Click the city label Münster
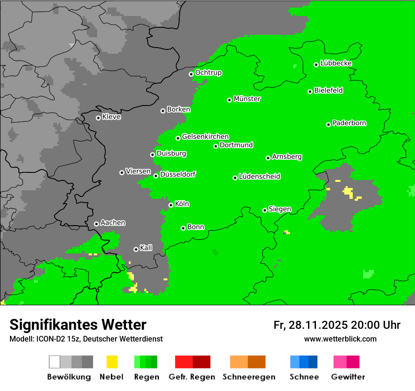[247, 99]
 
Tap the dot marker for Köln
[171, 205]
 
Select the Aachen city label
[113, 223]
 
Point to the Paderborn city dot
[328, 124]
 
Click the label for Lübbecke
[336, 63]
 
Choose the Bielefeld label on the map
[329, 90]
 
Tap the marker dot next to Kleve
[98, 118]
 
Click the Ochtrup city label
[208, 73]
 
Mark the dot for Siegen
[265, 210]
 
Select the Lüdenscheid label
[259, 177]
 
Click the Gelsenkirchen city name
[205, 137]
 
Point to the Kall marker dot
[136, 249]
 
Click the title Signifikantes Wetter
[78, 325]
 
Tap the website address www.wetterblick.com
[340, 339]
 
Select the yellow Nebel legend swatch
[112, 362]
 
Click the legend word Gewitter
[348, 377]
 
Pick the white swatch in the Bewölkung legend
[55, 362]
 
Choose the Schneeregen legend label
[249, 377]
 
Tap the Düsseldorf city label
[178, 174]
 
